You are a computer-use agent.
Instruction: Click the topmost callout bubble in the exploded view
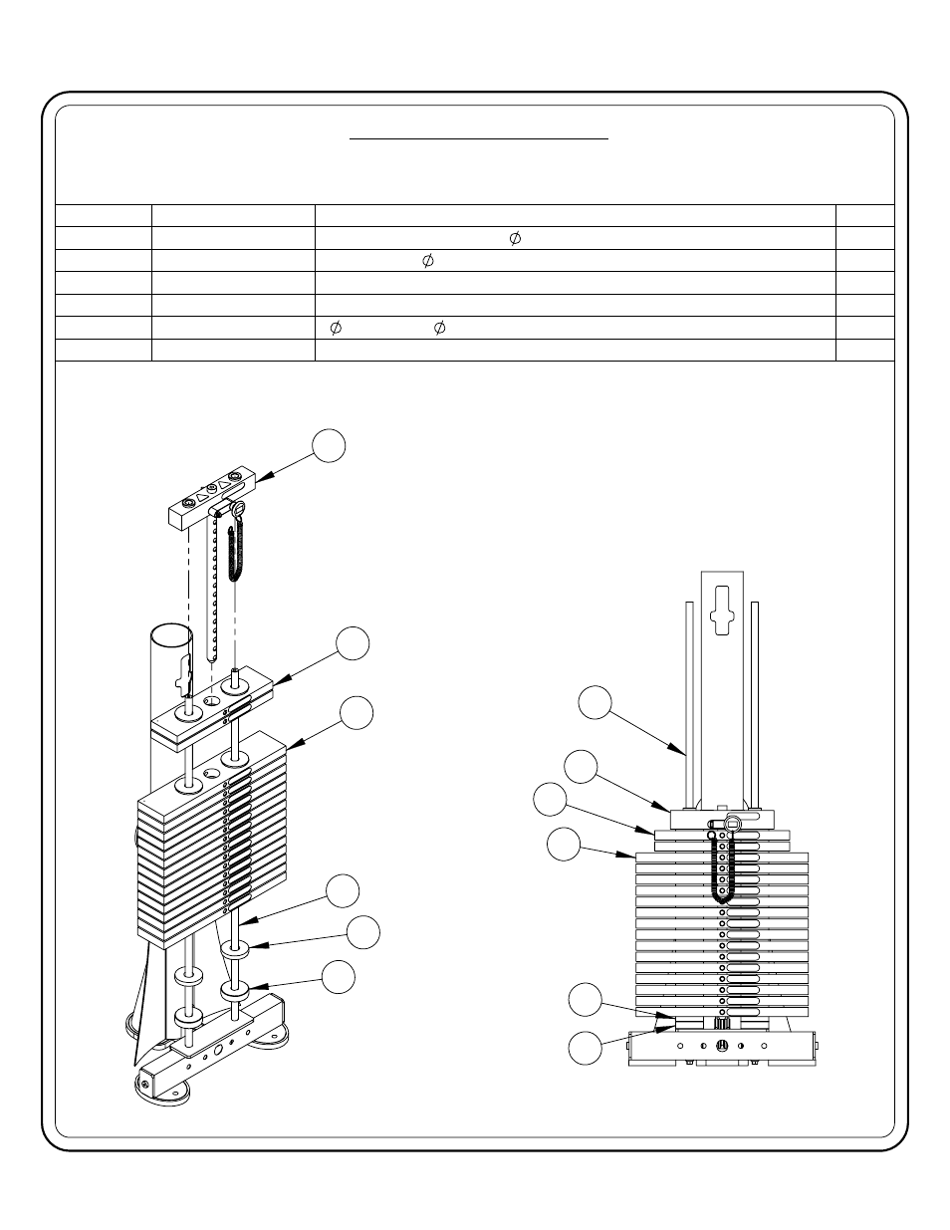(329, 446)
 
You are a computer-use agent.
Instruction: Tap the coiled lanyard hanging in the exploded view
(236, 554)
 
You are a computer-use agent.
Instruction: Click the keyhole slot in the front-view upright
(722, 611)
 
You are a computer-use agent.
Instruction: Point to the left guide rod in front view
(690, 704)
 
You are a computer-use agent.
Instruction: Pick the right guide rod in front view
(754, 704)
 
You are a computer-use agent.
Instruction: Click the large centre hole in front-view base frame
(722, 1046)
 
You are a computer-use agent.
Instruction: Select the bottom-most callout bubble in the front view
(586, 1049)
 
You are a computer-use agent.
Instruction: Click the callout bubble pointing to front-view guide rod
(594, 702)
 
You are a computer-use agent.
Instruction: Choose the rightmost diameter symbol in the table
(515, 238)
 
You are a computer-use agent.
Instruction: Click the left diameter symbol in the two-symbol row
(336, 328)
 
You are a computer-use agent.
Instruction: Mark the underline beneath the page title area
(479, 138)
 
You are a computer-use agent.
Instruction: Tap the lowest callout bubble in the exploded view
(339, 977)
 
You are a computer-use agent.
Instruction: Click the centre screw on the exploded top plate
(212, 488)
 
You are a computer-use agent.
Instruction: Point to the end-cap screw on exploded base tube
(145, 1084)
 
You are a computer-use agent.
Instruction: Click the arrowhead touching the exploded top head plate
(264, 477)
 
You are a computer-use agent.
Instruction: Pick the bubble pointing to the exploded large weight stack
(356, 713)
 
